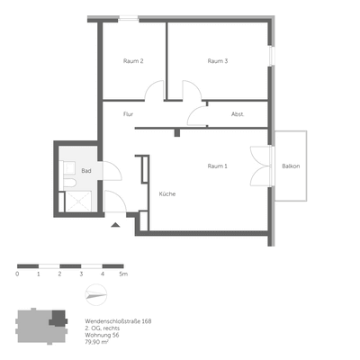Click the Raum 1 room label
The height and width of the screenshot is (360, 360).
point(217,166)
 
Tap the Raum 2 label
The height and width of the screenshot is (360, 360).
point(133,61)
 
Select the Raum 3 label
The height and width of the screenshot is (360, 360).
point(217,61)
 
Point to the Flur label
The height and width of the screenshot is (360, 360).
point(129,114)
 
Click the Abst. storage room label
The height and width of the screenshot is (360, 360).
point(237,114)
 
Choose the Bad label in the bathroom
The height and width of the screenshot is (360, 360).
point(86,170)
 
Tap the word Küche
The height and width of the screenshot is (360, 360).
point(167,194)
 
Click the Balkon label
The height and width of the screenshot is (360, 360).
point(291,166)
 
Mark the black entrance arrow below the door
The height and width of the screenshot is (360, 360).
point(115,227)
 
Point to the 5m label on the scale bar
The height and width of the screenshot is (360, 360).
point(124,273)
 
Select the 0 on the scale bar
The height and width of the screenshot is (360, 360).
point(18,273)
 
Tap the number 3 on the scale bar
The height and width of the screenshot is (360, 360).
point(81,273)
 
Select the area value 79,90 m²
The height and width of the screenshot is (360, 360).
point(96,343)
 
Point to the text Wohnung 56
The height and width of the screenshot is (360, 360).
point(102,336)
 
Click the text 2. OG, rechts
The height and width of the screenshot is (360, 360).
point(103,328)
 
